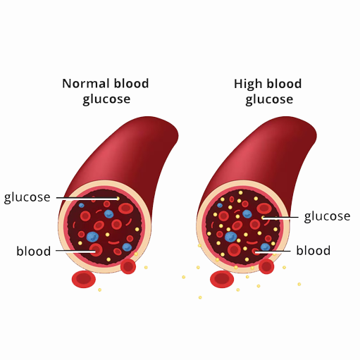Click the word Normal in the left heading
click(x=86, y=83)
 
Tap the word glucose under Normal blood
click(x=106, y=99)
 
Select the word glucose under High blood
click(x=269, y=100)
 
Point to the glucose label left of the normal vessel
click(x=27, y=197)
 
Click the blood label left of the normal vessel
click(x=34, y=251)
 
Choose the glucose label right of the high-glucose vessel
click(x=327, y=216)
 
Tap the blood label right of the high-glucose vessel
click(x=314, y=250)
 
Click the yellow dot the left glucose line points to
click(x=118, y=199)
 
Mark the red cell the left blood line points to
click(x=96, y=250)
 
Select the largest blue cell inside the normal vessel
click(x=93, y=237)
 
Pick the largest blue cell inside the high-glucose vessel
click(x=231, y=237)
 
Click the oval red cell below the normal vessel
click(x=84, y=279)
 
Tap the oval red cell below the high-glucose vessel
click(x=222, y=279)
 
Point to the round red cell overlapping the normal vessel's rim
click(x=128, y=266)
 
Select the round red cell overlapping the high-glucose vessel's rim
click(x=266, y=266)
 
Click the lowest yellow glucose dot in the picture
click(x=200, y=297)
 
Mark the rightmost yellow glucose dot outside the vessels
click(x=299, y=284)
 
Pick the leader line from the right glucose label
click(x=280, y=218)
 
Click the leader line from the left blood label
click(x=75, y=251)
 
